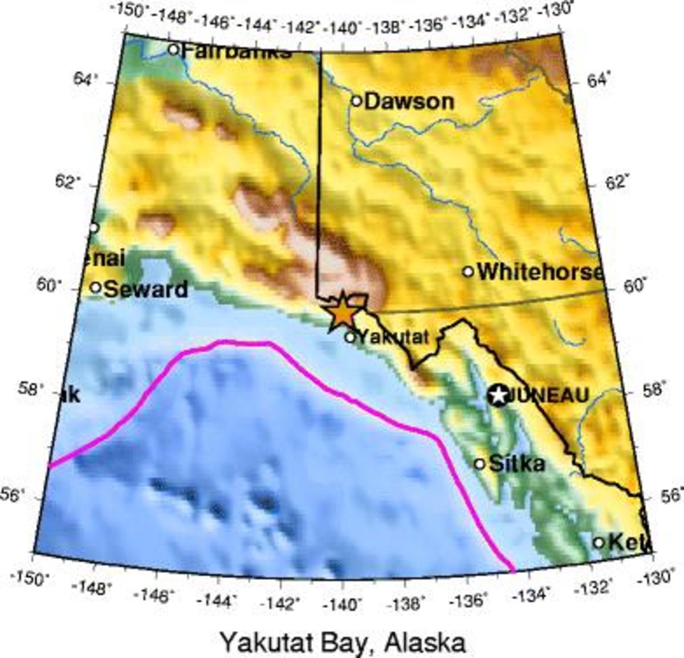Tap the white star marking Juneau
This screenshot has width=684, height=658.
[x=499, y=395]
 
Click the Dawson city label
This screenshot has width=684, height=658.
[x=409, y=101]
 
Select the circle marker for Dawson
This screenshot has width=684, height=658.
[x=356, y=101]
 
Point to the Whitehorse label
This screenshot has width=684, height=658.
[x=540, y=272]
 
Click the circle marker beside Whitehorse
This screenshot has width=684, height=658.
[x=468, y=271]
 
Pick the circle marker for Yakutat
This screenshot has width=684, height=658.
[x=350, y=337]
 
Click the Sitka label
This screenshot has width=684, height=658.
[x=517, y=463]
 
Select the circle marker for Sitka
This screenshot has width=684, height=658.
[x=479, y=464]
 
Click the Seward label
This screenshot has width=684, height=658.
[x=146, y=289]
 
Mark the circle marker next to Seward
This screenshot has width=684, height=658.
[x=96, y=287]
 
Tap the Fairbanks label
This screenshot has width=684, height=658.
[x=237, y=52]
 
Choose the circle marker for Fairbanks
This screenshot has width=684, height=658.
[x=174, y=50]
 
